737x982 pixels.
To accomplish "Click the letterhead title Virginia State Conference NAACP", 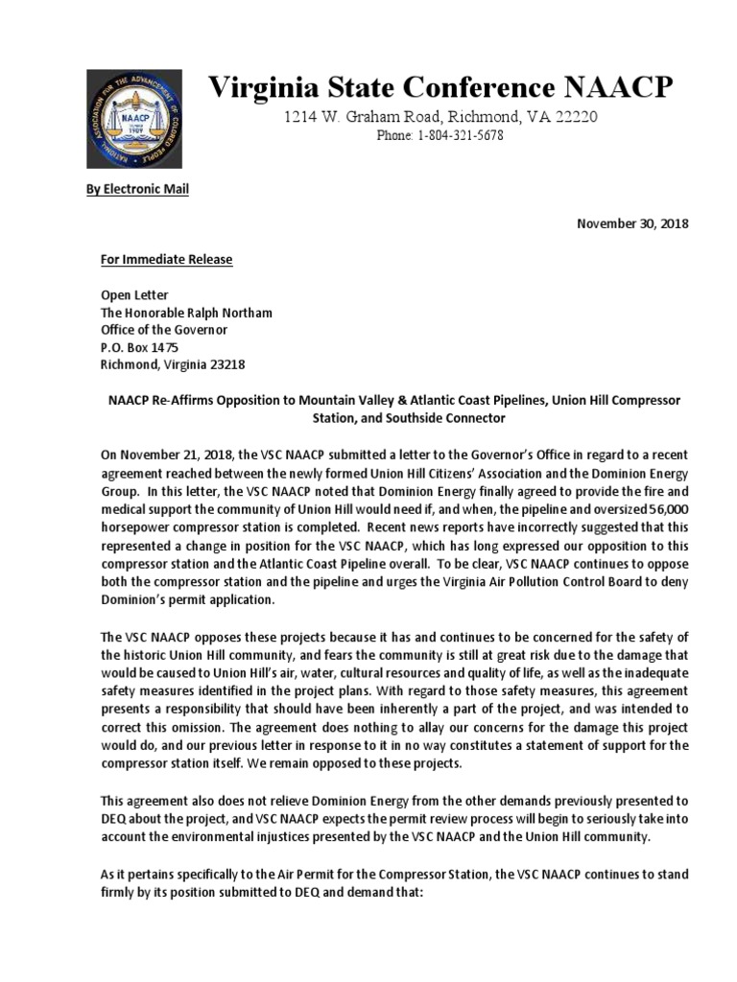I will [x=441, y=88].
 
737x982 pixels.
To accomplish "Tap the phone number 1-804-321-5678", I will [x=460, y=136].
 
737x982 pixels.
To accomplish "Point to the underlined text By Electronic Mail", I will [x=137, y=189].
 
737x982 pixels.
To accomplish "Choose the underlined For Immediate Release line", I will [x=167, y=260].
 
